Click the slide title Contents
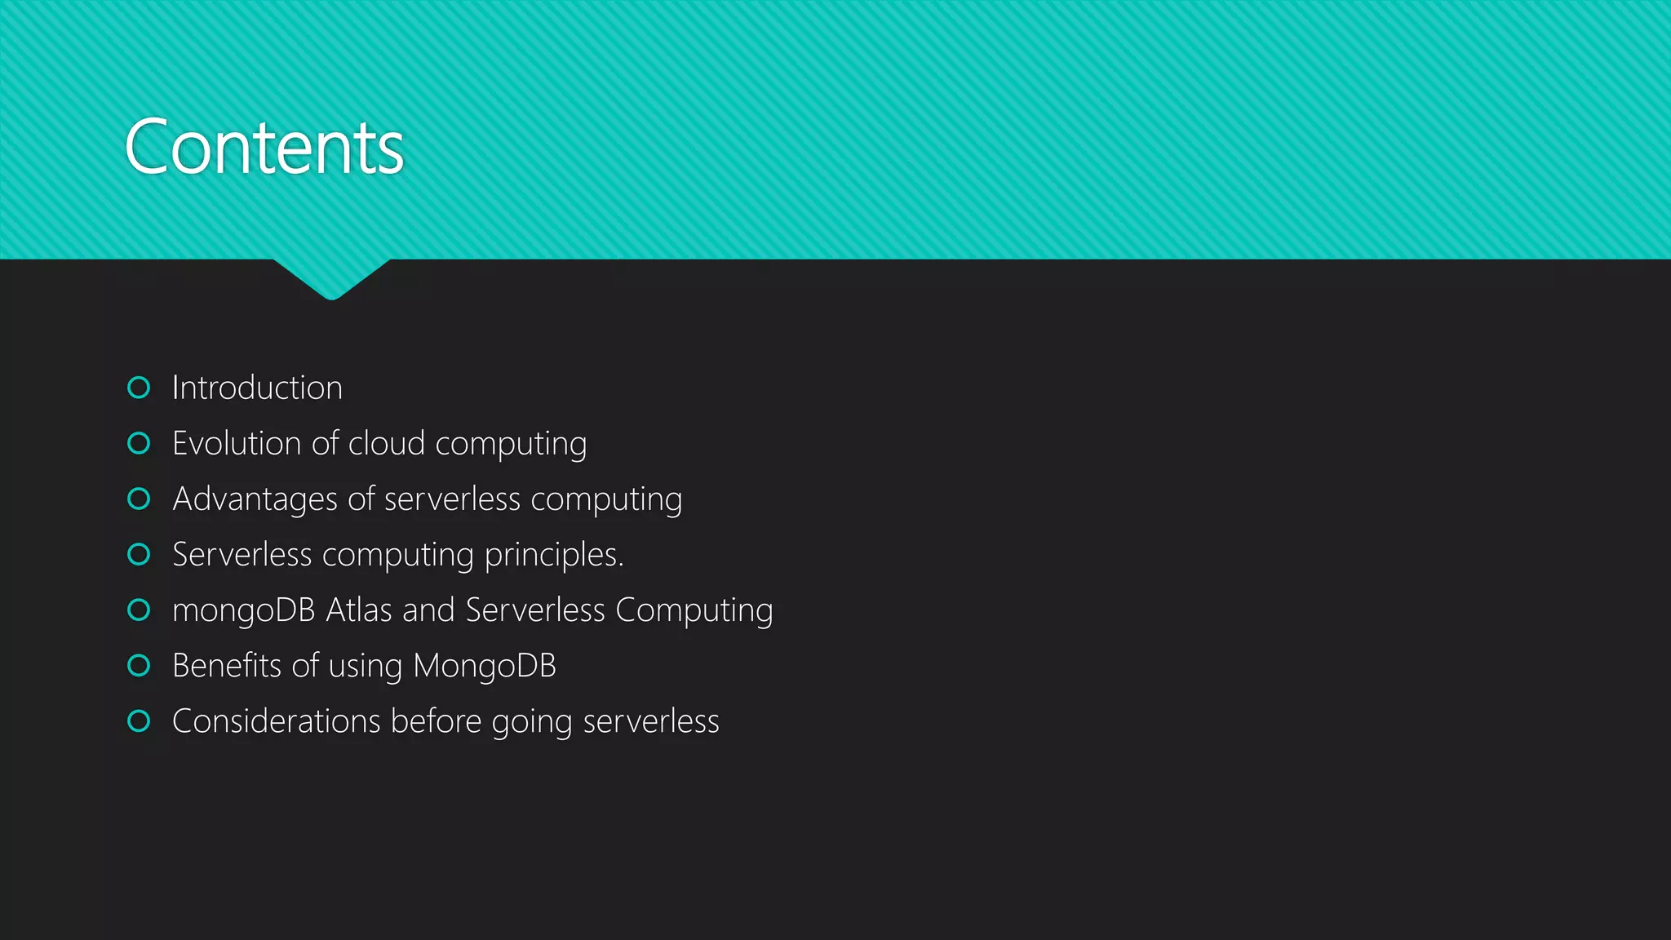pos(264,148)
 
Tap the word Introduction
pos(257,388)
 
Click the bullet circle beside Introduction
pos(139,388)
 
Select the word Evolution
pos(237,444)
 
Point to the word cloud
pos(386,444)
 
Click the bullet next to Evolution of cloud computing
pos(139,443)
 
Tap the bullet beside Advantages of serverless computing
pos(139,499)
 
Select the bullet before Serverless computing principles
pos(139,554)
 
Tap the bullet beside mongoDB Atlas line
pos(139,610)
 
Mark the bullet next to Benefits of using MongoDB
pos(139,665)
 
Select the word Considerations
pos(276,721)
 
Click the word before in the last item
pos(436,721)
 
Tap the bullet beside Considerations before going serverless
pos(139,721)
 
